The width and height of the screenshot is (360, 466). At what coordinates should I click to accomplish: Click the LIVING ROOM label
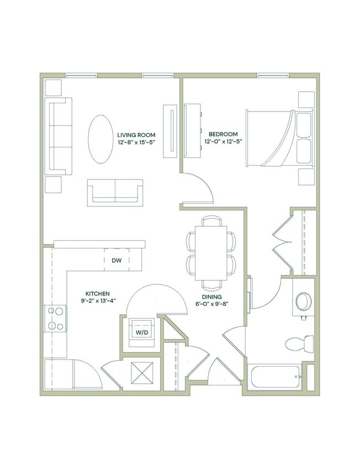click(x=136, y=135)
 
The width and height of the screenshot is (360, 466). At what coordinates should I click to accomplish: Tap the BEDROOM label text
click(x=223, y=134)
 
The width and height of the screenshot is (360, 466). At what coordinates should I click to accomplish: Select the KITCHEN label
click(x=97, y=293)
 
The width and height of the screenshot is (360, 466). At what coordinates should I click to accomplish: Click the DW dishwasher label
click(x=117, y=260)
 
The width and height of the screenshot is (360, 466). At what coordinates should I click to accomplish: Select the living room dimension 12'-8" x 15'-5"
click(x=136, y=142)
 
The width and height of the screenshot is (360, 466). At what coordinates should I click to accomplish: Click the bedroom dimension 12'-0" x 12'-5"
click(x=223, y=141)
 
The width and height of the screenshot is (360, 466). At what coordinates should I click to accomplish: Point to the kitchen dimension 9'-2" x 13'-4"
click(x=97, y=300)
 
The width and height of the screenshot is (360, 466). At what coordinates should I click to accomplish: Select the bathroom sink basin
click(x=303, y=301)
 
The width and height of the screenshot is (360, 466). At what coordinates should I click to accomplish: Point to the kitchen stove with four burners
click(x=56, y=318)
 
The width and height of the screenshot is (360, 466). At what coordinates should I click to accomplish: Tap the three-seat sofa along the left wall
click(x=60, y=136)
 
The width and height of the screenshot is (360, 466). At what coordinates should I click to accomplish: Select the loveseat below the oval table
click(x=115, y=192)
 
